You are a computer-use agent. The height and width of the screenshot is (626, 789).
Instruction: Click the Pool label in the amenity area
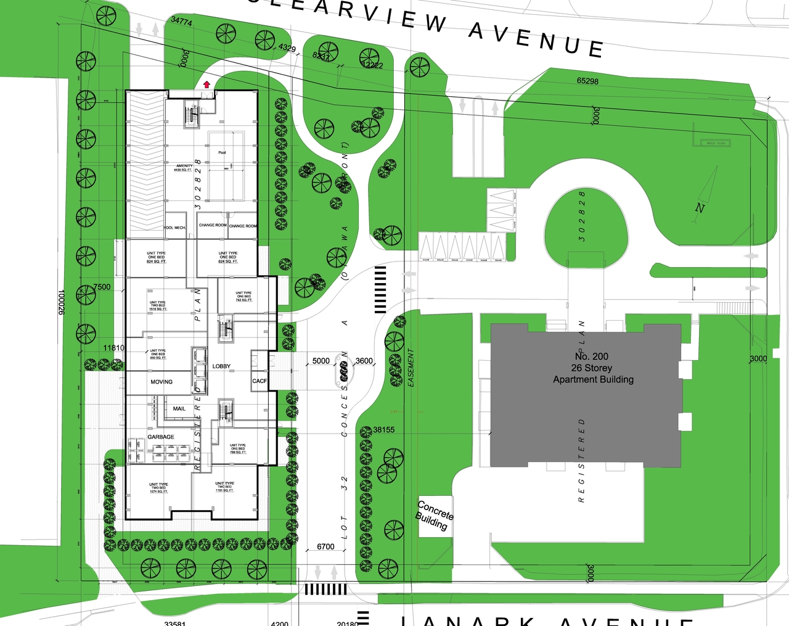tap(222, 152)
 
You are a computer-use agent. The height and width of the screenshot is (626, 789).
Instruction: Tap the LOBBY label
tap(221, 366)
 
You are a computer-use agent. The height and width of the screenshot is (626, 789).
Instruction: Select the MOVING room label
tap(161, 382)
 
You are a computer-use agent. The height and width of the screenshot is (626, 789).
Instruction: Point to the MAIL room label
tap(179, 409)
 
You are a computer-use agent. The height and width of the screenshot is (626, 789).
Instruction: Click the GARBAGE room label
tap(160, 437)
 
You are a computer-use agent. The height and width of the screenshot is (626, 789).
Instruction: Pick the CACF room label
tap(260, 381)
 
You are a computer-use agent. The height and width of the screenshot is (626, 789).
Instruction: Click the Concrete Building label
tap(434, 516)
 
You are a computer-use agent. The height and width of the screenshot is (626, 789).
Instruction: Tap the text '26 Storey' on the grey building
tap(592, 368)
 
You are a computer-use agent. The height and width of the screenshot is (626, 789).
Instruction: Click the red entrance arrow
tap(207, 84)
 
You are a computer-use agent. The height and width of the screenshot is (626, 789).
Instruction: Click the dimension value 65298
tap(587, 81)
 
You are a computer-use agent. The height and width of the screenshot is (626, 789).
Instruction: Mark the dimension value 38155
tap(383, 430)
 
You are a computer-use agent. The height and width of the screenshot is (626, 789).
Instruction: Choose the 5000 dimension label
tap(321, 361)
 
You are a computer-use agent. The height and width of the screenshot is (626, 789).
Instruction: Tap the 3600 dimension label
tap(364, 361)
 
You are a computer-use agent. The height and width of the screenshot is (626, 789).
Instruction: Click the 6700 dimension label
tap(325, 546)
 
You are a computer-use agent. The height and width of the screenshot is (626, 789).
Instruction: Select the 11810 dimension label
tap(114, 348)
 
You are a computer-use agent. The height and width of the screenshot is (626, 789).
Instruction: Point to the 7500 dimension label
tap(102, 287)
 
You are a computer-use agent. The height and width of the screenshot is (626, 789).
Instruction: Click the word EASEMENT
tap(411, 368)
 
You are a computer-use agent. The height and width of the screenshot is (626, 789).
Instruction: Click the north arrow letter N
tap(700, 208)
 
